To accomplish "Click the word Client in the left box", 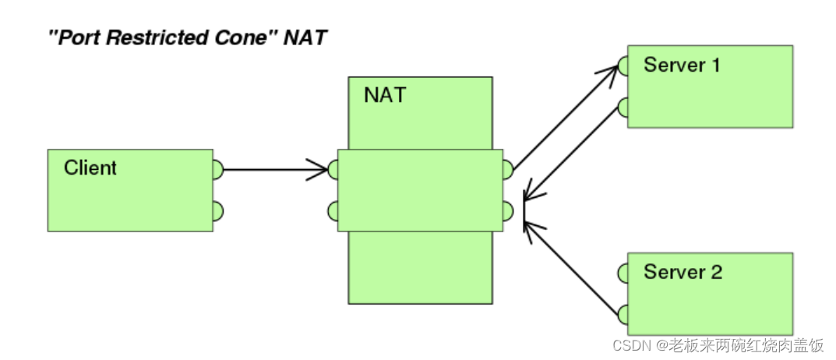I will [90, 168].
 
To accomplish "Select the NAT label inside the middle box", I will [384, 96].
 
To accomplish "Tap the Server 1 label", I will [682, 65].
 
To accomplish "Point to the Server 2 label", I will [683, 272].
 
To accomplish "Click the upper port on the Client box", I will [218, 169].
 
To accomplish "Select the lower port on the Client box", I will [218, 210].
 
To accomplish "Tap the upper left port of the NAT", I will [333, 169].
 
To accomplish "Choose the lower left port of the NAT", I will [333, 210].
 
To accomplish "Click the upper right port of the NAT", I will [507, 169].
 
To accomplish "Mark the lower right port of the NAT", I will [507, 210].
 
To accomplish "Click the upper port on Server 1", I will [623, 65].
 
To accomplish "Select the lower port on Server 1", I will [623, 108].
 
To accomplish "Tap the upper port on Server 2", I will [623, 273].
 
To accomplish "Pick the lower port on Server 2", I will [623, 314].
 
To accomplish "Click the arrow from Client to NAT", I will [273, 169].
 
